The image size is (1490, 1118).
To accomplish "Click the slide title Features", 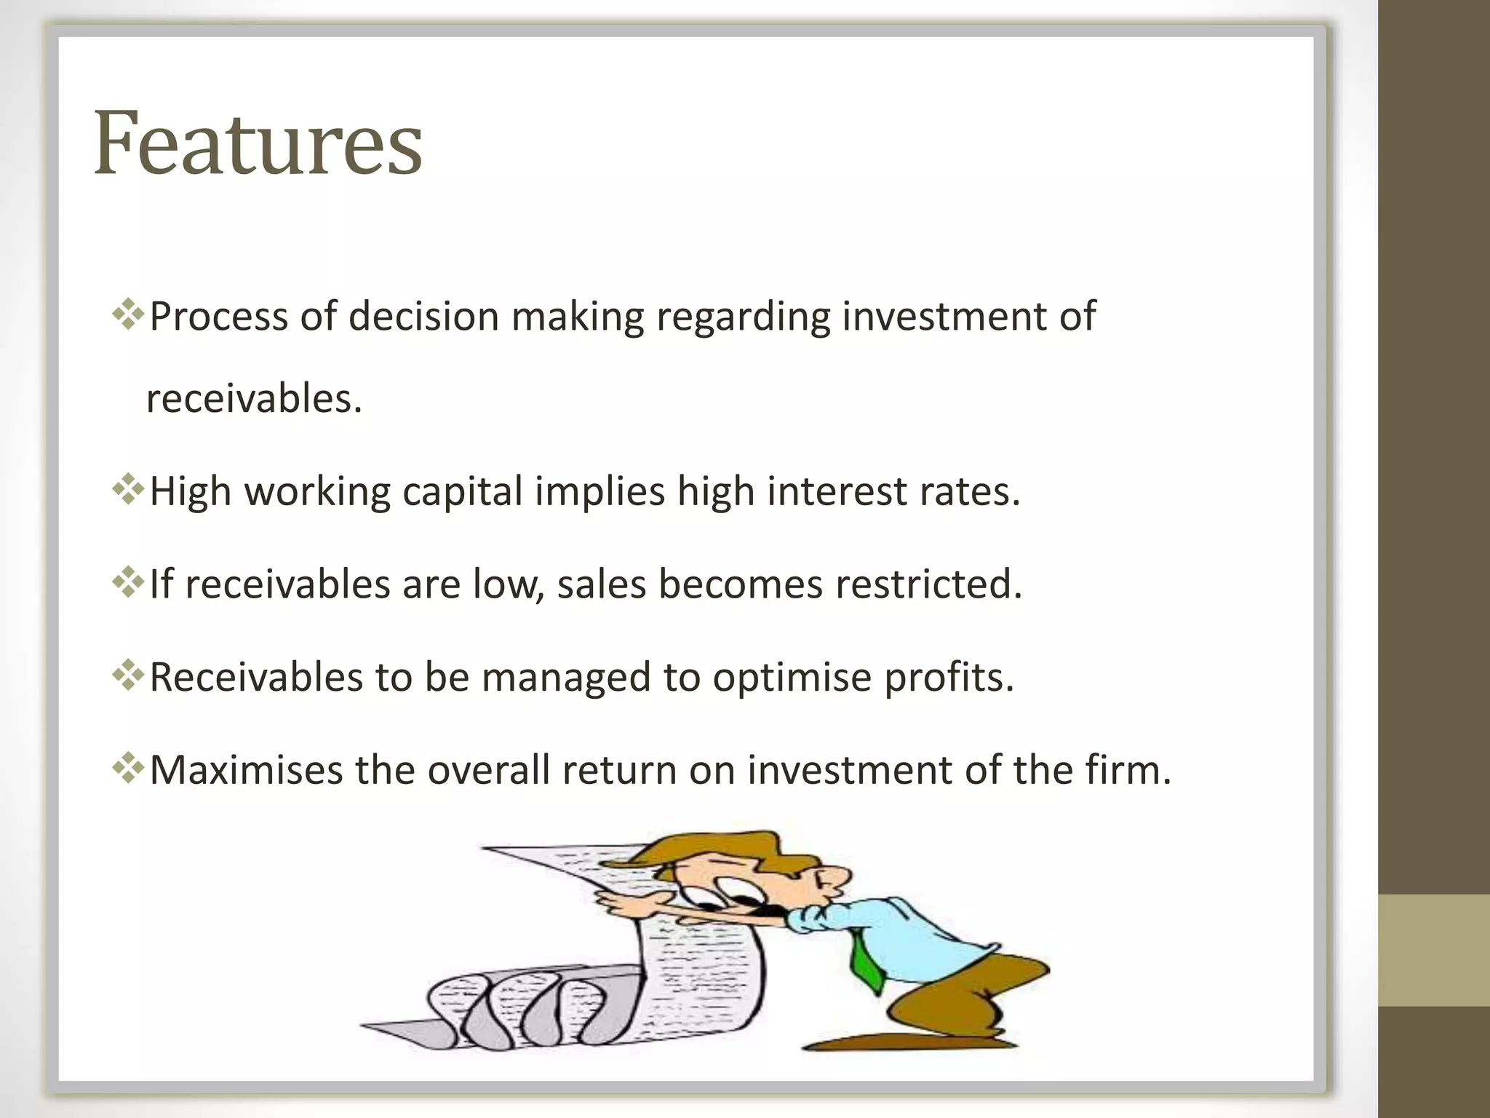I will pyautogui.click(x=258, y=143).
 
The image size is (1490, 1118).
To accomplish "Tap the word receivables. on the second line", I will pyautogui.click(x=254, y=400).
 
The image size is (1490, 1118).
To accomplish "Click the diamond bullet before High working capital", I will pyautogui.click(x=128, y=489).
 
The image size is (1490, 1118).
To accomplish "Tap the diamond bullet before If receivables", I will pyautogui.click(x=128, y=582).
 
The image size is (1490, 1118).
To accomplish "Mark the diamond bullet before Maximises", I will pyautogui.click(x=128, y=769).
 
